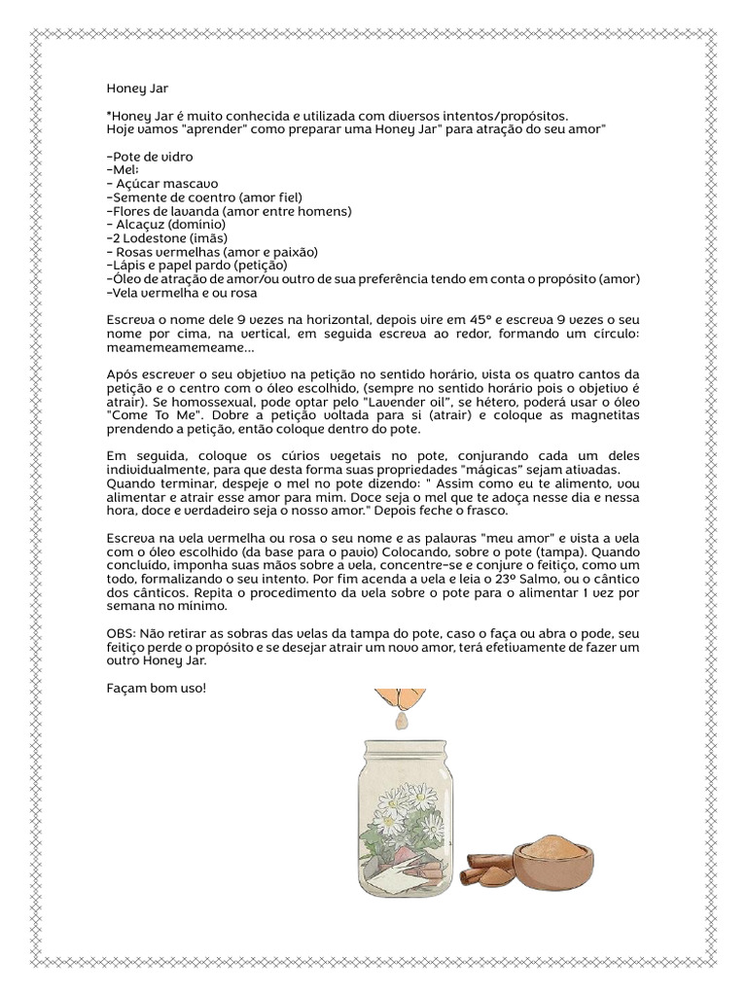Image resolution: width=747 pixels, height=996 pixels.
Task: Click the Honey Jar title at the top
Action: [136, 89]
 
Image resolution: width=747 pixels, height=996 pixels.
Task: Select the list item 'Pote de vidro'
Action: [150, 156]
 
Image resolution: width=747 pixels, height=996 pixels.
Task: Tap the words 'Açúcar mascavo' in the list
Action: [167, 183]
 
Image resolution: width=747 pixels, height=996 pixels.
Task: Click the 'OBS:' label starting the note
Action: [122, 633]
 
